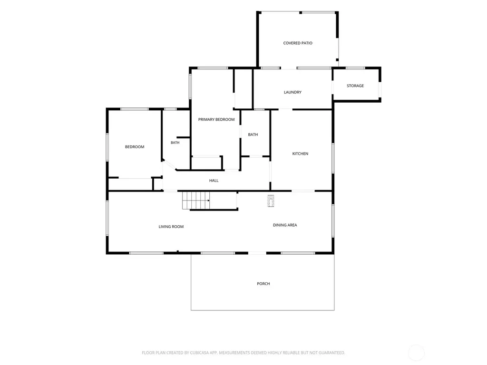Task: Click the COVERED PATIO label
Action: click(298, 43)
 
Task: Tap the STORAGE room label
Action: click(355, 86)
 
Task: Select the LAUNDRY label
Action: click(292, 92)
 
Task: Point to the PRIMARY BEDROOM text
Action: click(216, 119)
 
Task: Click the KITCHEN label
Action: click(300, 154)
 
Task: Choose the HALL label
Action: click(214, 181)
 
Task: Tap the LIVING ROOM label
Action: click(171, 227)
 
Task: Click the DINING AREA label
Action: click(285, 225)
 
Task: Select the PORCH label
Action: click(263, 284)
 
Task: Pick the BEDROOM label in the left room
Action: click(135, 147)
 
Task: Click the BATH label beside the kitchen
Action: click(253, 134)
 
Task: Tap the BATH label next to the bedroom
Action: click(175, 143)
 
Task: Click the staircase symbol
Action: click(195, 201)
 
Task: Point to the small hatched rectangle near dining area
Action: click(271, 201)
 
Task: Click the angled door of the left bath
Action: click(169, 165)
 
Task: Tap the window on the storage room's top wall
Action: click(355, 68)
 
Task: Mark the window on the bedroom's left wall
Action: click(107, 147)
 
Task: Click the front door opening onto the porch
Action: click(257, 253)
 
